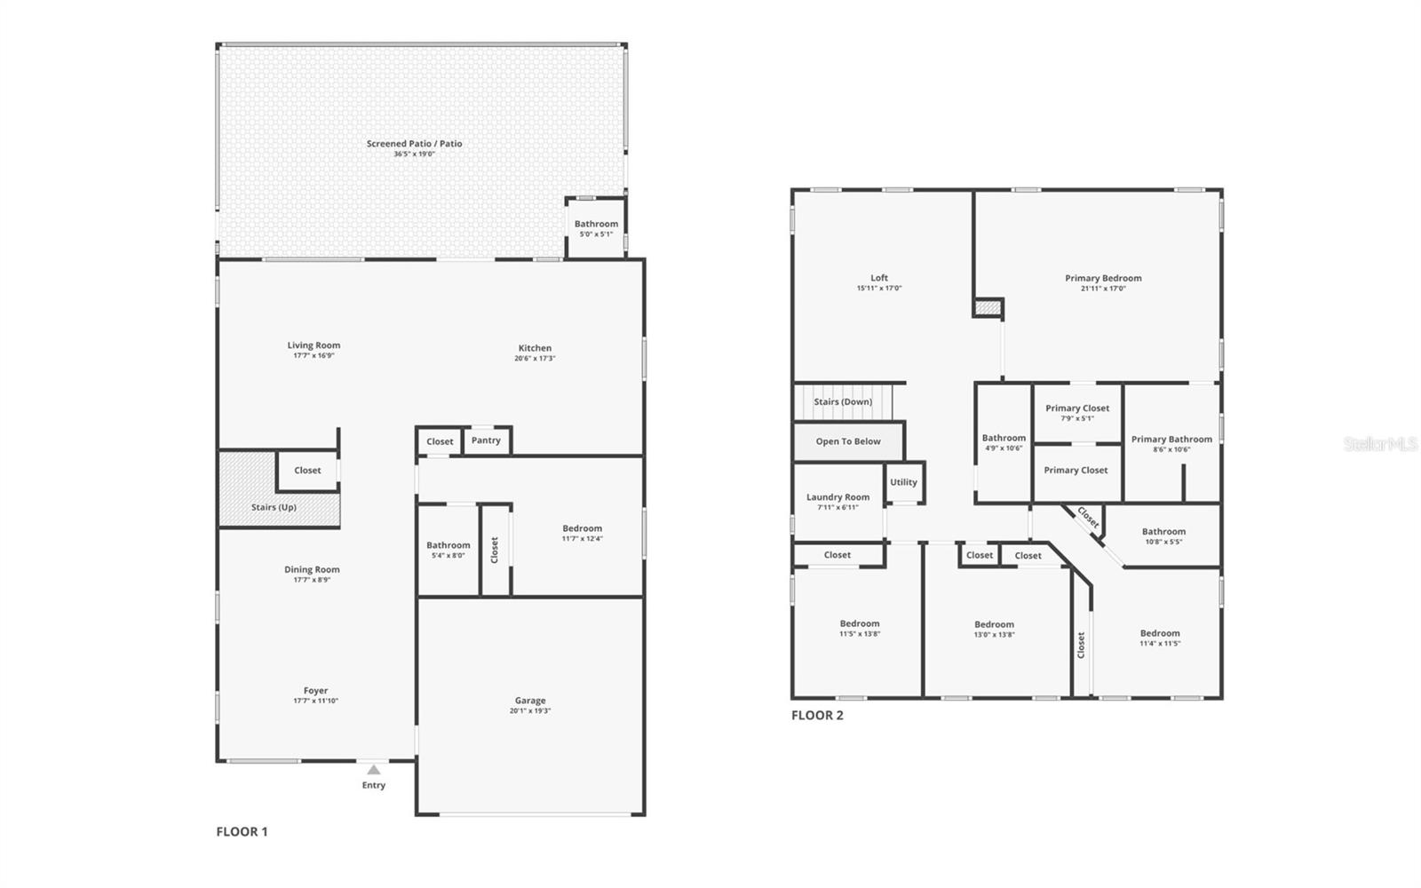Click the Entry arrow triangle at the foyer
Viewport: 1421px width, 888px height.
point(374,770)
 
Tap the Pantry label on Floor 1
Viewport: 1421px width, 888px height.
point(486,440)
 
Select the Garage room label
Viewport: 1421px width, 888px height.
point(530,701)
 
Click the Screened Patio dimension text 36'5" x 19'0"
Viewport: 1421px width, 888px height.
point(415,155)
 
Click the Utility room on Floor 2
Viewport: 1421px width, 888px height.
point(903,482)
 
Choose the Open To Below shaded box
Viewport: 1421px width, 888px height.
point(848,441)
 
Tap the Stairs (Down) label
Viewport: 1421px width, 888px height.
point(843,401)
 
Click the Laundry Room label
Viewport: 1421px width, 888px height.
point(838,497)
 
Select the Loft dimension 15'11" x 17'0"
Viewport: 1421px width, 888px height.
point(879,289)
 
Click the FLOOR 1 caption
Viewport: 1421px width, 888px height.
point(242,832)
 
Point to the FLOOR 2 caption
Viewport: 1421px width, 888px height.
point(817,716)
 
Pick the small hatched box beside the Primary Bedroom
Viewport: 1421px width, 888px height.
point(988,308)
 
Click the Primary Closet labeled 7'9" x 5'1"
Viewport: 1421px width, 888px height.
point(1077,413)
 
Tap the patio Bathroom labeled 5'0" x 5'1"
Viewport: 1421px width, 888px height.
point(596,229)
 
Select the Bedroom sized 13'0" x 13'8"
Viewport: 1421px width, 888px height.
point(994,630)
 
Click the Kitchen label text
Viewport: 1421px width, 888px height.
point(535,348)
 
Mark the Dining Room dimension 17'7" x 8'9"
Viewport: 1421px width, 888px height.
point(312,580)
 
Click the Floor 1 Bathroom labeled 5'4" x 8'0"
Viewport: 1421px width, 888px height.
point(448,550)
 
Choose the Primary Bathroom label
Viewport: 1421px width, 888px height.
point(1171,439)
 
